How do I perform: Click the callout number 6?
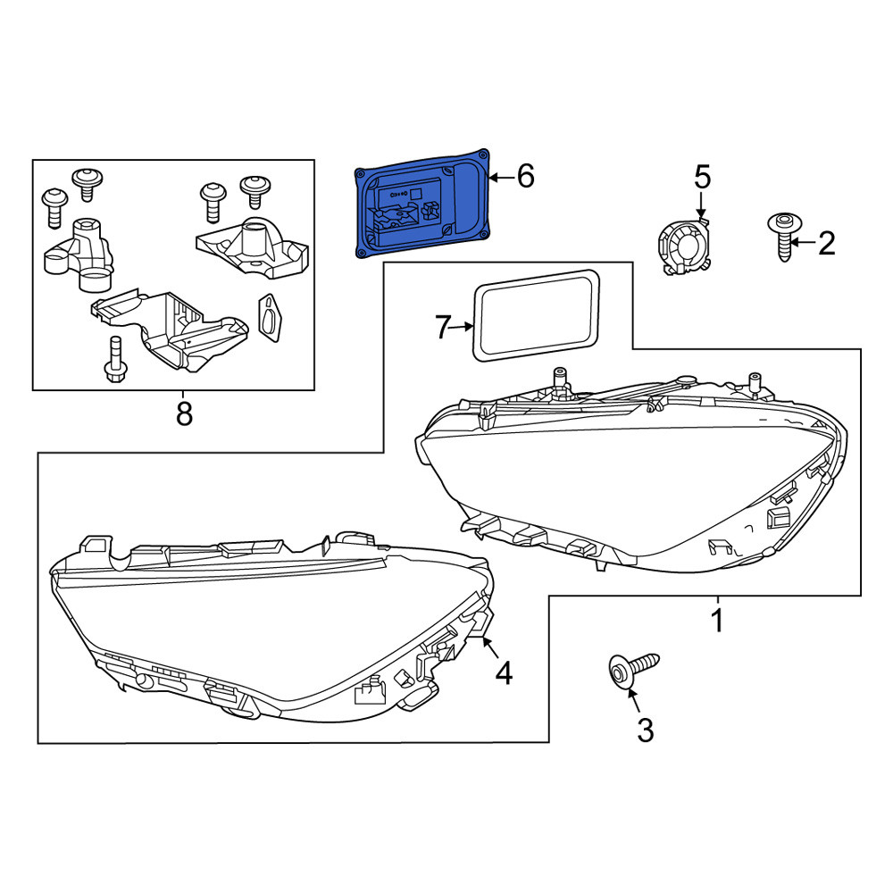coord(526,176)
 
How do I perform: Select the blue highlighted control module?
coord(422,204)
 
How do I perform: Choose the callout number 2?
coord(826,243)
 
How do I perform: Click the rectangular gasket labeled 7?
coord(536,315)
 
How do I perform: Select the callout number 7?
coord(444,327)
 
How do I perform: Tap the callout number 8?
coord(184,413)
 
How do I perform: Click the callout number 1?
coord(718,621)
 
